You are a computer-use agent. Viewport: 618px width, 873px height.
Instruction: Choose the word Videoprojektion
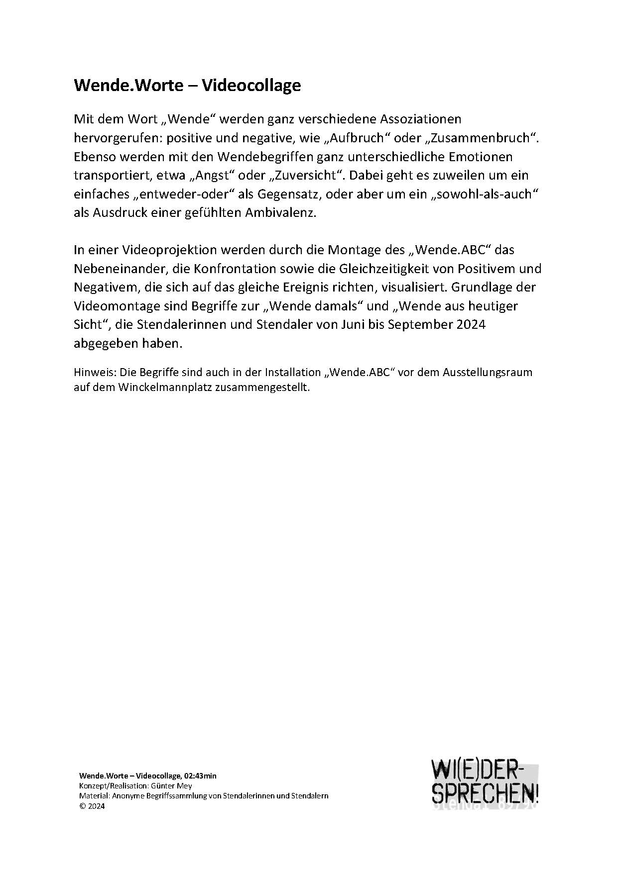click(x=166, y=250)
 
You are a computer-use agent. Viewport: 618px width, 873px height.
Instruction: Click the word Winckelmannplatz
click(x=167, y=387)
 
